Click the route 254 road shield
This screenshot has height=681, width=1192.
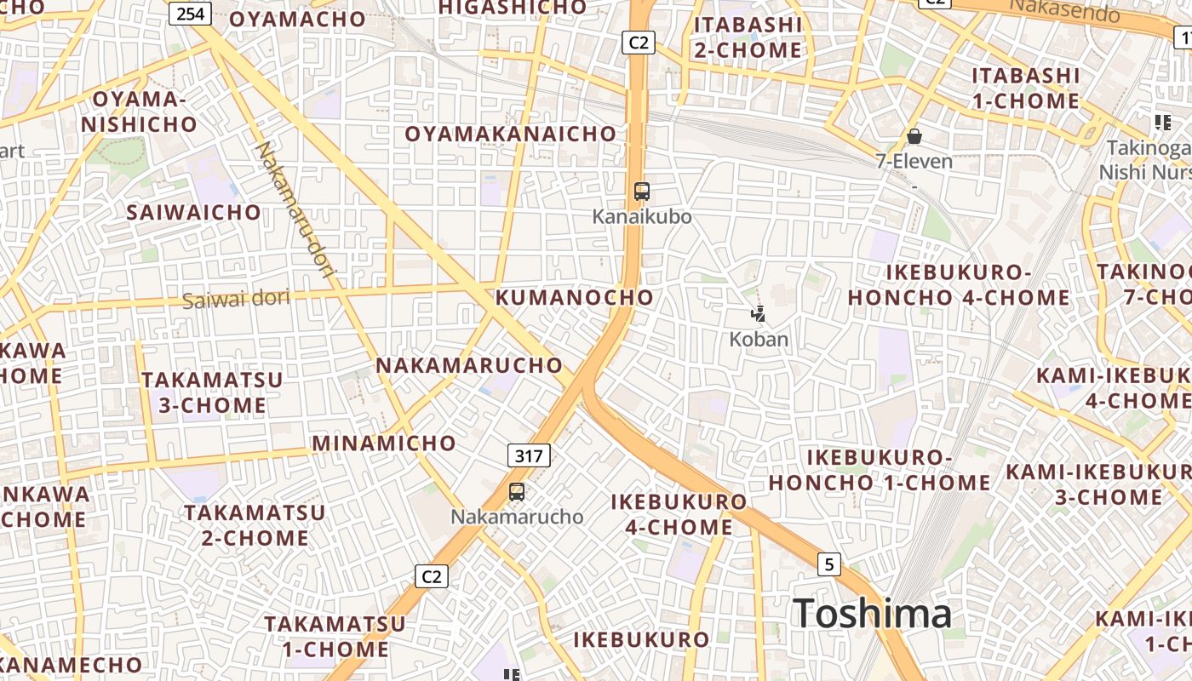[190, 14]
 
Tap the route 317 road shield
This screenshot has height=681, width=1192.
[529, 455]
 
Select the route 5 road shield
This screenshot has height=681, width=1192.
[829, 564]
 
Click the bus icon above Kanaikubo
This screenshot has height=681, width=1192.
[642, 192]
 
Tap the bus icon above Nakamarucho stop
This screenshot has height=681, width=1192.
[517, 491]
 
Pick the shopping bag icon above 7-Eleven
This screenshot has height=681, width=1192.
[914, 136]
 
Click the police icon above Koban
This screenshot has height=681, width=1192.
[758, 314]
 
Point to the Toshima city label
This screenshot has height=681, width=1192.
[872, 614]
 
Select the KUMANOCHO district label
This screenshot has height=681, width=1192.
[575, 297]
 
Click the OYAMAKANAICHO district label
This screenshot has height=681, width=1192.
[510, 134]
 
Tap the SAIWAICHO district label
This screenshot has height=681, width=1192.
[194, 212]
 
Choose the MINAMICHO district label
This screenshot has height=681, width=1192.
[384, 444]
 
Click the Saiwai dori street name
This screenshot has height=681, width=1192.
[236, 299]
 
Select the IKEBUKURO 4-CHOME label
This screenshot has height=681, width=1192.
[679, 514]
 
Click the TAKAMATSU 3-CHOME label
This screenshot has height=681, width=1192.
[212, 392]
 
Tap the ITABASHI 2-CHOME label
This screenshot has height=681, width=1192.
[748, 37]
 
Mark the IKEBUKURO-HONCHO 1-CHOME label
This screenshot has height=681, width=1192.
[880, 470]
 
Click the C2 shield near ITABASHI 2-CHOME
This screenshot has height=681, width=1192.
[638, 42]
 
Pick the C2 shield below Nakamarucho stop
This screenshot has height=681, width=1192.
[433, 576]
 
